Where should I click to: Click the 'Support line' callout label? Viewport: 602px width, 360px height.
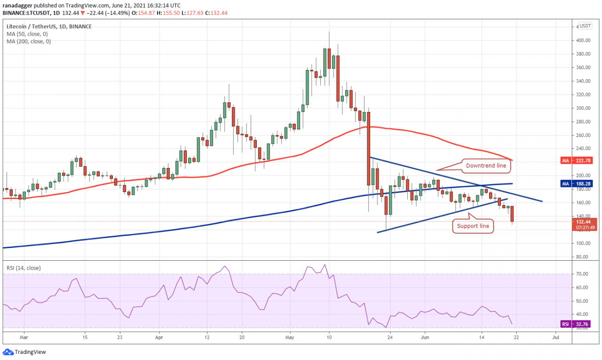pyautogui.click(x=474, y=226)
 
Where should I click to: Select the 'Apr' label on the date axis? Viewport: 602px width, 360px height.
pyautogui.click(x=159, y=337)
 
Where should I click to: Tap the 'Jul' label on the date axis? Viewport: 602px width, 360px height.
pyautogui.click(x=555, y=337)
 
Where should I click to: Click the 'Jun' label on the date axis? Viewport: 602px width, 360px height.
pyautogui.click(x=425, y=337)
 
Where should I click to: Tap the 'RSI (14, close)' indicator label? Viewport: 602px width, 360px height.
pyautogui.click(x=24, y=268)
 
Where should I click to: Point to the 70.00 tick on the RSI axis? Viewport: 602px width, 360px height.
pyautogui.click(x=584, y=273)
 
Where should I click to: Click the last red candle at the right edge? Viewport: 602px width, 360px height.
pyautogui.click(x=512, y=214)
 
